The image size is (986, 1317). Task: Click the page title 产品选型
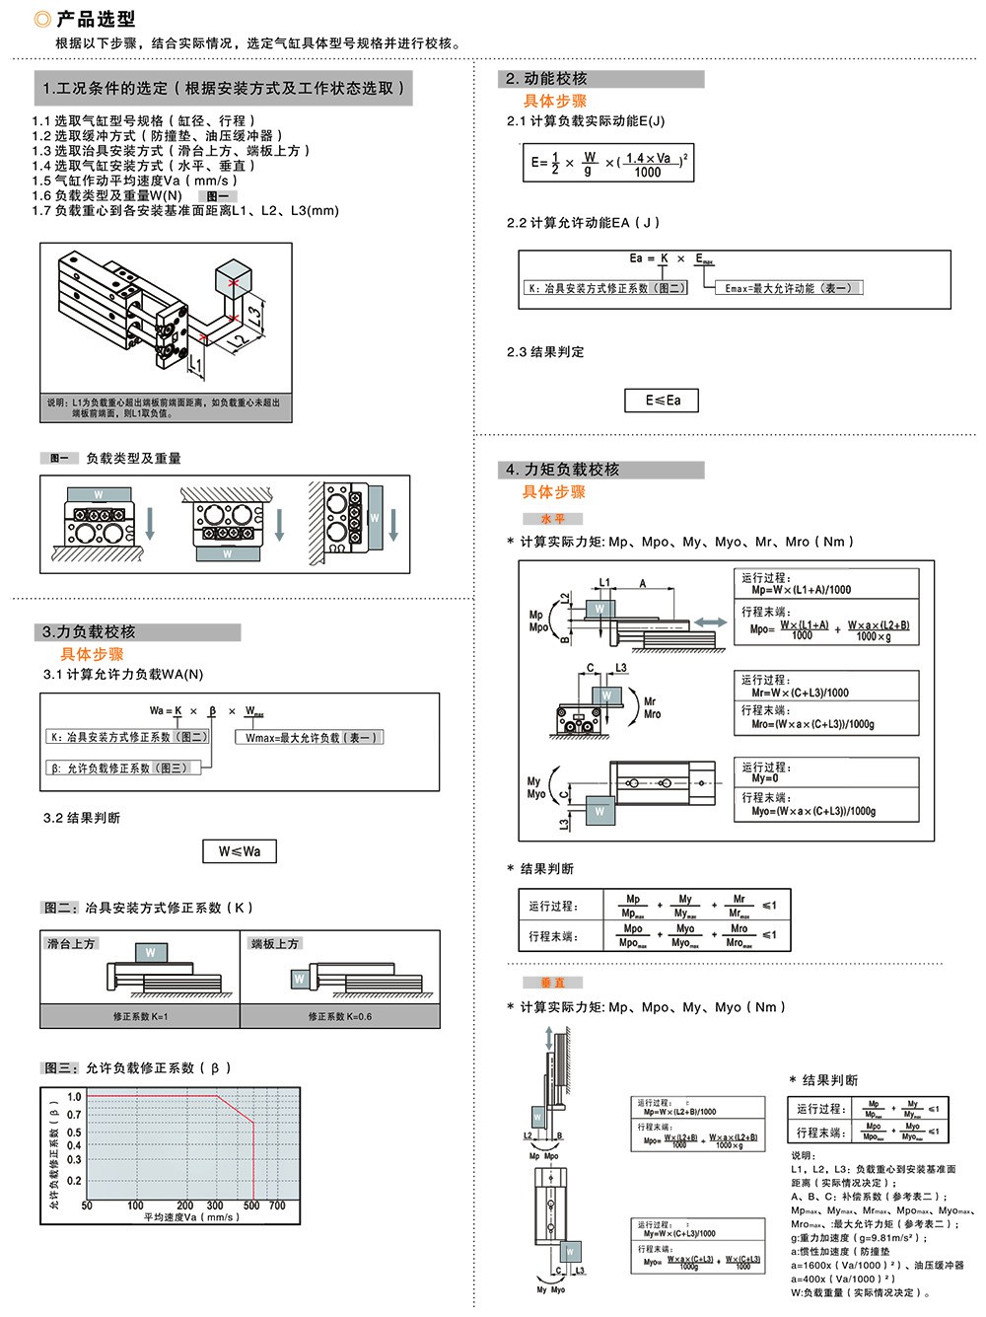tap(95, 19)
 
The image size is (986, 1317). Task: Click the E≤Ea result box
tap(662, 400)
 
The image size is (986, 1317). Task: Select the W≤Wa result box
tap(240, 851)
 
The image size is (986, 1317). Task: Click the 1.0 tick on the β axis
tap(74, 1097)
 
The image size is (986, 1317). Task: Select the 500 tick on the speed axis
tap(251, 1206)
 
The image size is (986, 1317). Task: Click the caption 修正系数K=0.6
tap(339, 1016)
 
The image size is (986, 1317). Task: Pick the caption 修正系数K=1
tap(140, 1016)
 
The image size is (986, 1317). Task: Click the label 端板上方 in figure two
tap(275, 944)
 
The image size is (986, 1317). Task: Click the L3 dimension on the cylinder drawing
tap(254, 316)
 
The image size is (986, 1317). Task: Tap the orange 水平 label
tap(552, 518)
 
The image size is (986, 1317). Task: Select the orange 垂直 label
tap(552, 983)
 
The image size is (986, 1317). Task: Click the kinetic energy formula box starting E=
tap(608, 163)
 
